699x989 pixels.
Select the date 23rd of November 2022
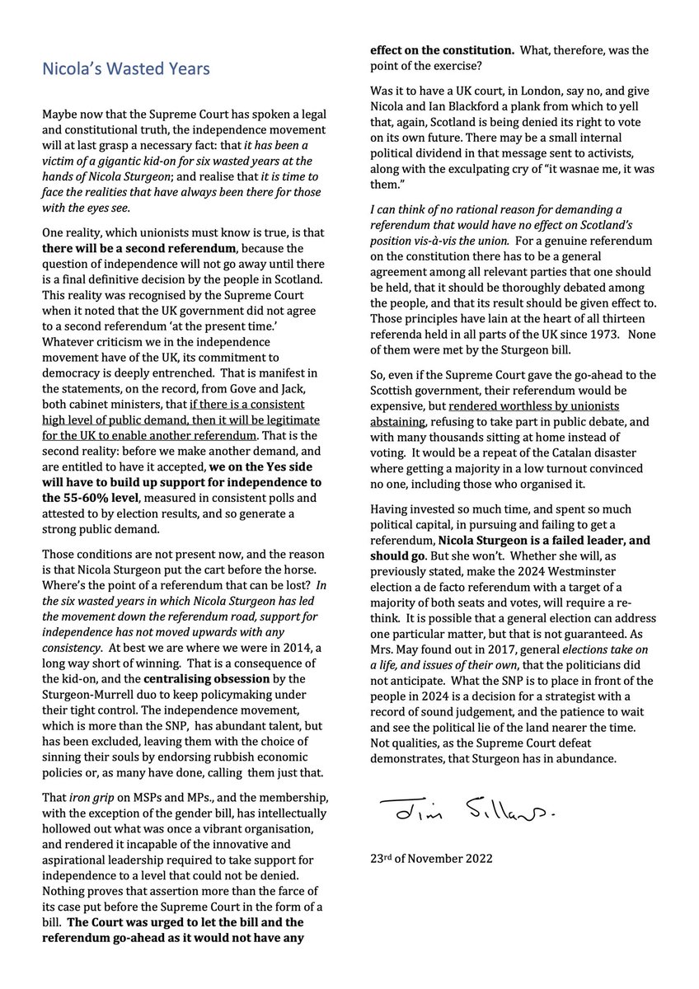pyautogui.click(x=432, y=857)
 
